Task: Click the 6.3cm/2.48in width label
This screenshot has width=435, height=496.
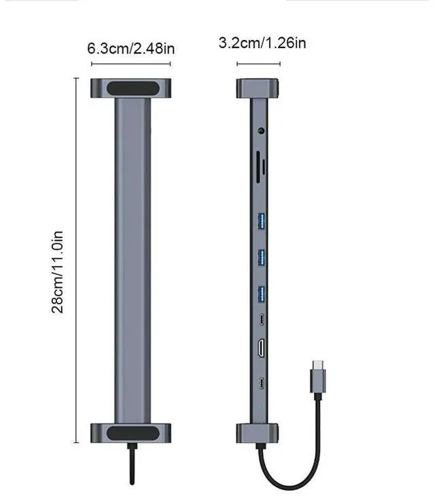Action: point(131,49)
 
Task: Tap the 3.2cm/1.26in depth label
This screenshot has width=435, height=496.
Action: point(262,43)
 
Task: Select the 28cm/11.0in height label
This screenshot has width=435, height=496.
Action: point(57,272)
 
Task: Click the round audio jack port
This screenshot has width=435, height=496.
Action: point(262,130)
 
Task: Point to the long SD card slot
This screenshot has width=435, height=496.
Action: point(258,167)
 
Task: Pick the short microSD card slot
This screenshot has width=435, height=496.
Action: point(264,168)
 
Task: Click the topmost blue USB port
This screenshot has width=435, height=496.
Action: point(262,221)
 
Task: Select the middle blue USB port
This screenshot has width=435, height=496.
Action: point(262,257)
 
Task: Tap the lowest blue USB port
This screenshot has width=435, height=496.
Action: point(262,294)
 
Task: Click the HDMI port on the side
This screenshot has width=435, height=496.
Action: point(262,349)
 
